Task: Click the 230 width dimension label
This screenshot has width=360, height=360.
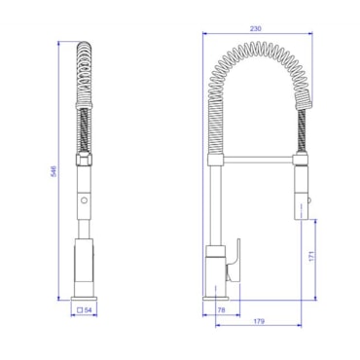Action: click(x=256, y=28)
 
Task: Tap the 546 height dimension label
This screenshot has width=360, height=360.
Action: click(x=54, y=171)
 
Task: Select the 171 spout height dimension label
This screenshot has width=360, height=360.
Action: click(x=311, y=256)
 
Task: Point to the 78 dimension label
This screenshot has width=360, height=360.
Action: click(x=221, y=310)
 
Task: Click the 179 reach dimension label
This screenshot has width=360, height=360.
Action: click(x=259, y=321)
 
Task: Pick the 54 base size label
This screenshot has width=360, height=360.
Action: click(x=89, y=310)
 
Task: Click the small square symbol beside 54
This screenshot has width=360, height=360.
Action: click(x=80, y=310)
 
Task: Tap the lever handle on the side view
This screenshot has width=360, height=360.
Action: click(x=234, y=261)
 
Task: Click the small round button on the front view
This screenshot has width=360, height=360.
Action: click(x=85, y=200)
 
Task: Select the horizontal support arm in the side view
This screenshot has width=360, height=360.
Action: click(x=259, y=160)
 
